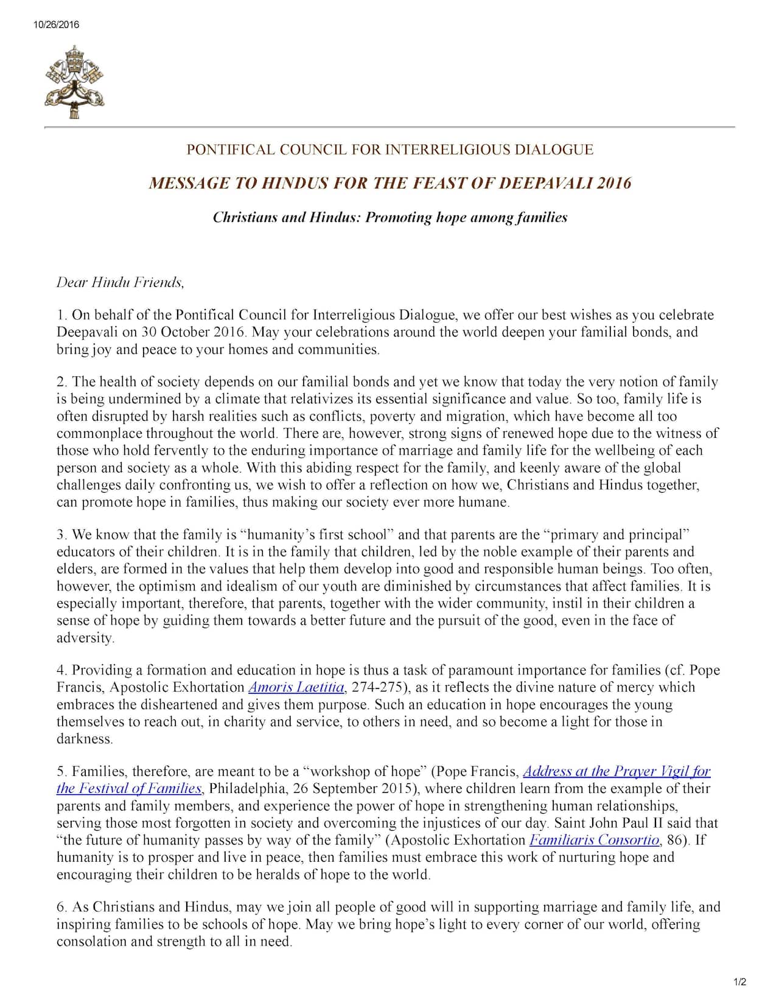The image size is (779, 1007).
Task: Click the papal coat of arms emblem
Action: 74,81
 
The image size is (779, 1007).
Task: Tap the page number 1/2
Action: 740,981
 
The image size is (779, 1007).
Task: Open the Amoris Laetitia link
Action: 296,688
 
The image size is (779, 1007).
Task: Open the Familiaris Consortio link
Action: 594,840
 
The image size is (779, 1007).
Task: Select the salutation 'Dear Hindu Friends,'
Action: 120,283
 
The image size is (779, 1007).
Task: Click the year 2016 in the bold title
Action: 613,183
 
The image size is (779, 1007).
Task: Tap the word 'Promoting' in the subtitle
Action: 399,218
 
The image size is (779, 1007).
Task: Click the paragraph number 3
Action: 61,535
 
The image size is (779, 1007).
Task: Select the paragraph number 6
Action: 61,907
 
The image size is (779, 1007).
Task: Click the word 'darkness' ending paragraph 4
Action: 84,739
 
